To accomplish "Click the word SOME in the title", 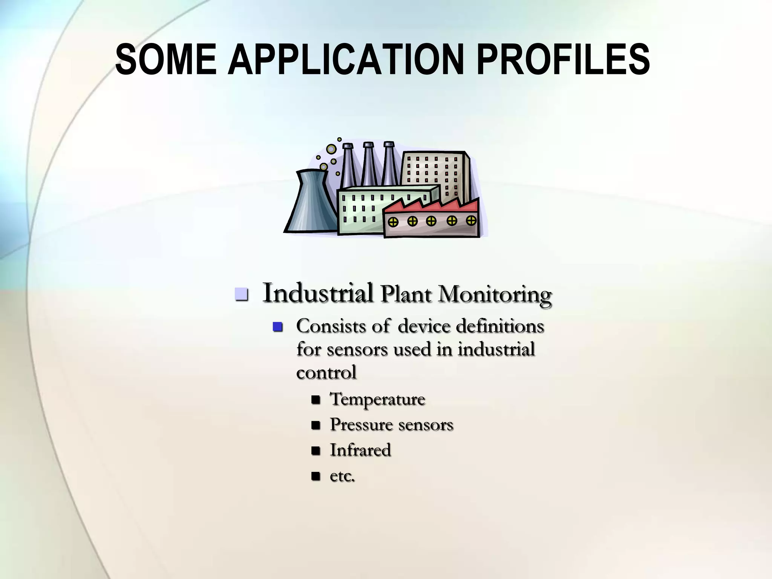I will pos(166,60).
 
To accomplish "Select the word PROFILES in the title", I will pos(563,60).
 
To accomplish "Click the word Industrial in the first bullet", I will pos(318,293).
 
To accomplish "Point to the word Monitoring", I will pos(495,294).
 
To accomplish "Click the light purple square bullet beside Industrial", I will pos(241,294).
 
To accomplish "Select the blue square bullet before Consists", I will pos(278,326).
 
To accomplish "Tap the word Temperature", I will pos(377,399).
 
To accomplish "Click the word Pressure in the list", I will pos(361,424).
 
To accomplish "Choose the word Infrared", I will pos(360,450).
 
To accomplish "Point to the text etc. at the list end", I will pos(342,476).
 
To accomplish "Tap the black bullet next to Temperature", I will pos(316,400).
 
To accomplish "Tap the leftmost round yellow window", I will pos(393,222).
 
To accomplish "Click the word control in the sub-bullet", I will pos(326,372).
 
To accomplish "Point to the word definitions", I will pos(500,326).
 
